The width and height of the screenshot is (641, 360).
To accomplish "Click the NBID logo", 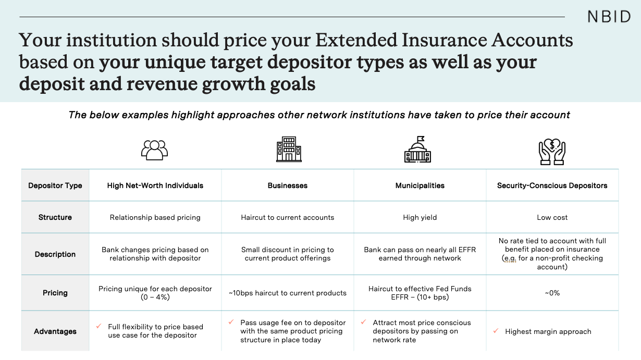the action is click(x=609, y=17).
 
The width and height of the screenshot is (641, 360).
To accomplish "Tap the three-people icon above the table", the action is click(x=155, y=150).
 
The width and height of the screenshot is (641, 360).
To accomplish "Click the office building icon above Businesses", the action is click(x=289, y=149).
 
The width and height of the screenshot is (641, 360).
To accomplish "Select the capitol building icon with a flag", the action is click(x=417, y=150).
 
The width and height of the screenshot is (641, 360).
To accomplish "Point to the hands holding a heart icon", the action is click(x=552, y=152).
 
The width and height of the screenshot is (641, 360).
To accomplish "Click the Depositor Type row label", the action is click(x=55, y=185).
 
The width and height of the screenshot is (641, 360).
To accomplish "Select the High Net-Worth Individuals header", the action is click(x=155, y=185).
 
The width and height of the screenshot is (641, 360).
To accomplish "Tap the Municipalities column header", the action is click(x=420, y=185).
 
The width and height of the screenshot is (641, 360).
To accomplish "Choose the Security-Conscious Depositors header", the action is click(x=552, y=185).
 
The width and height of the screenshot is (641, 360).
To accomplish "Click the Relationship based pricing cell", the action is click(x=155, y=217).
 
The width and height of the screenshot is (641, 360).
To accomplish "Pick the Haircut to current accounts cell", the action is click(x=288, y=217).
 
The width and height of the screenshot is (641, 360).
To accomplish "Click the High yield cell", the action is click(x=420, y=217).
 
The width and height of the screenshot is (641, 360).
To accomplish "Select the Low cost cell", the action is click(x=552, y=217).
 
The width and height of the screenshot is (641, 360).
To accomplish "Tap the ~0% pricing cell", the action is click(x=552, y=293).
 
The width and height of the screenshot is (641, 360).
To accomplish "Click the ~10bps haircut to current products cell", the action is click(x=288, y=293).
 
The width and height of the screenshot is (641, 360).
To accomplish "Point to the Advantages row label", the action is click(x=55, y=331).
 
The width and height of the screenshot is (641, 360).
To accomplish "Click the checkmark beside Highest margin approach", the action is click(x=496, y=331).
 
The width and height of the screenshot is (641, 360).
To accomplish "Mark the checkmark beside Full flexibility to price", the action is click(x=98, y=326).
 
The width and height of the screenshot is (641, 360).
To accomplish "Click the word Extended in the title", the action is click(x=356, y=40).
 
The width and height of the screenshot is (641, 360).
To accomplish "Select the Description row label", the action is click(x=55, y=254).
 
